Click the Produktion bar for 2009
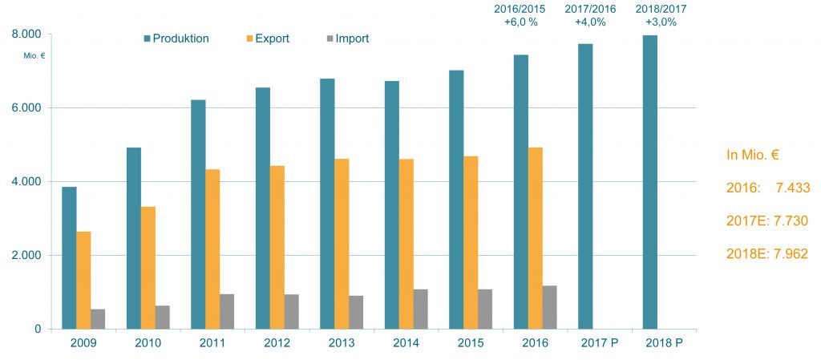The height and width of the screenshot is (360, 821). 70,257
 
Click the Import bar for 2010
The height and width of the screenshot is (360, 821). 163,317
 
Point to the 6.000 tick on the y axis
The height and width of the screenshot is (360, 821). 26,108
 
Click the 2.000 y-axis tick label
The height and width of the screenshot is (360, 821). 26,256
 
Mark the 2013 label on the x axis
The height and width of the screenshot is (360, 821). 342,343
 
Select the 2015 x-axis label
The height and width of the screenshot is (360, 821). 471,343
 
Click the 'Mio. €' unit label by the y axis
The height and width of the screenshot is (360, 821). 34,56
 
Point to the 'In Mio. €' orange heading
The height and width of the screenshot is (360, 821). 754,156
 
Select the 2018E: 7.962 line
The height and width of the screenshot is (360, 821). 766,254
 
